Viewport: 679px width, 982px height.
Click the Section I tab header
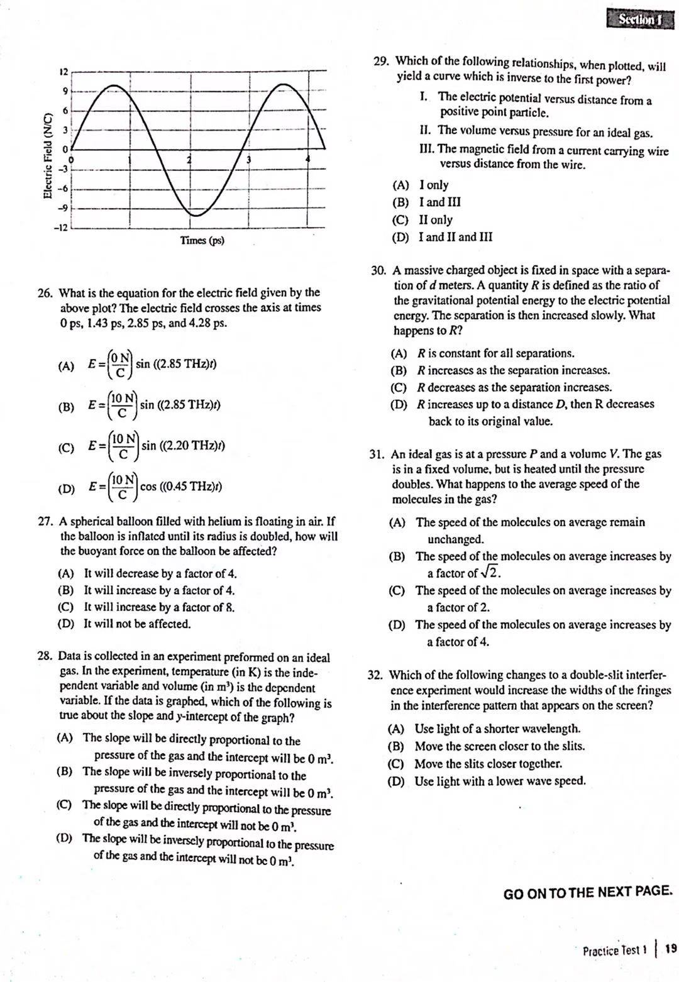pos(640,19)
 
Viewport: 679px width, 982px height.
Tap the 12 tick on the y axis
pos(63,72)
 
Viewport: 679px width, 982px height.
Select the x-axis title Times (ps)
pos(202,240)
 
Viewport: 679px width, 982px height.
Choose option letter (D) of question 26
pos(65,488)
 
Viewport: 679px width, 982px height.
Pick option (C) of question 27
pos(65,607)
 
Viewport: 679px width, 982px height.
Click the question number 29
pos(381,61)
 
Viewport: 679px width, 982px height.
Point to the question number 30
pos(378,270)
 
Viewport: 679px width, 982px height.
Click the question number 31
pos(377,454)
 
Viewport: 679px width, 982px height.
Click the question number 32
pos(375,675)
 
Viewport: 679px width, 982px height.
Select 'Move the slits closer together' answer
pos(488,764)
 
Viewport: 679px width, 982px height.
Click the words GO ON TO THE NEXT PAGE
pos(588,892)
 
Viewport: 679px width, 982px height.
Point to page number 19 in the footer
pos(670,949)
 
